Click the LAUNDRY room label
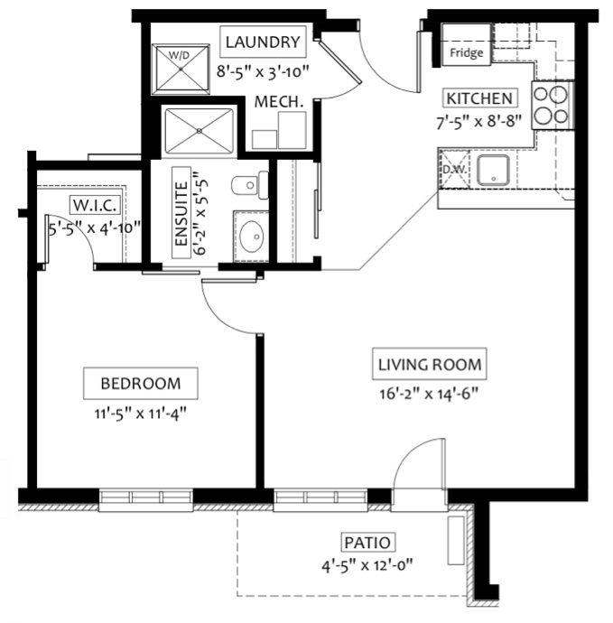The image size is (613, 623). point(263,42)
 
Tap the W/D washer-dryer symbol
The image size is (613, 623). point(181,70)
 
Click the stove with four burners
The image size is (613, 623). point(553,105)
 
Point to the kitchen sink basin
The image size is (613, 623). point(493,170)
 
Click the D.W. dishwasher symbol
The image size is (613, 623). point(454,169)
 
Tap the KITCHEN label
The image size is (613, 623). point(480,98)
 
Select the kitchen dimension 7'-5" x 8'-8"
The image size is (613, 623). point(478,121)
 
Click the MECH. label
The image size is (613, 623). point(279,102)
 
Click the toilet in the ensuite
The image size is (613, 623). point(250,185)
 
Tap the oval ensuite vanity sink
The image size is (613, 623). point(252,237)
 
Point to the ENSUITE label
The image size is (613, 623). point(181,213)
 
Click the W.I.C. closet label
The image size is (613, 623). point(95,206)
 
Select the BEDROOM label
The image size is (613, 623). point(141,383)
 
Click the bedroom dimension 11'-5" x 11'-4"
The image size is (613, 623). point(140,414)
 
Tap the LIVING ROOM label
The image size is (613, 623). point(430,365)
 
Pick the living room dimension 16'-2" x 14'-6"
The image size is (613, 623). point(429,395)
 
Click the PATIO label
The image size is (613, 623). point(367,543)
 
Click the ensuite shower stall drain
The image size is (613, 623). point(200,131)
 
